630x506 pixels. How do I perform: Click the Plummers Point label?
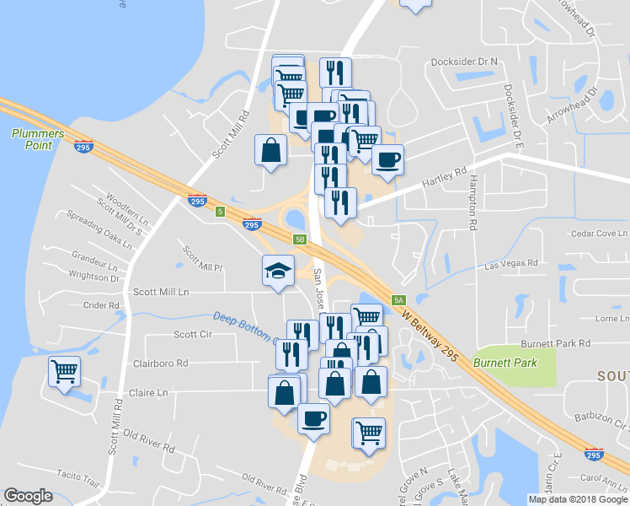click(x=32, y=139)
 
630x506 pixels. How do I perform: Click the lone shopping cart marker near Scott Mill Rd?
click(x=64, y=370)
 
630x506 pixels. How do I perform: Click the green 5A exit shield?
click(x=398, y=299)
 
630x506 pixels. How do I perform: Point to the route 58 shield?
click(x=300, y=239)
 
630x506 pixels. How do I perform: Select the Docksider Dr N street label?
click(x=464, y=62)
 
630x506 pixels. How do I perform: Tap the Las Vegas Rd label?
click(x=511, y=263)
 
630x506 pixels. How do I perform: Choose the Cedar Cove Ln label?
click(x=600, y=233)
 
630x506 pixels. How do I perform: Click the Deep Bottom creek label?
click(x=243, y=326)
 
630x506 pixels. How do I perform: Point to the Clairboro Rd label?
click(x=160, y=363)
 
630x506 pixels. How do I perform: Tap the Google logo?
click(x=28, y=496)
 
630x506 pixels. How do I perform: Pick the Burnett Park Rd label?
click(x=555, y=343)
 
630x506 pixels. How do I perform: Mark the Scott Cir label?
click(x=192, y=334)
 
